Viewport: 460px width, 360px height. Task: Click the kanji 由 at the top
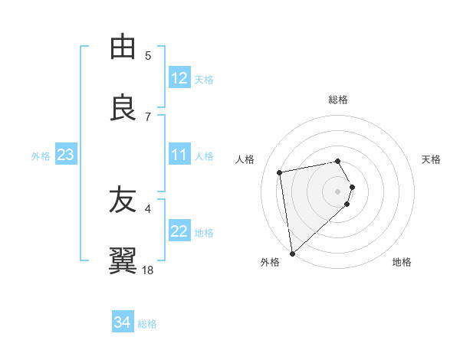[123, 47]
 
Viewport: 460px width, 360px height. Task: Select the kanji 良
[123, 108]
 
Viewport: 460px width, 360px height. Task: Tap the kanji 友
[123, 200]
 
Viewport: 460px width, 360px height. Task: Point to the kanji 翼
[123, 261]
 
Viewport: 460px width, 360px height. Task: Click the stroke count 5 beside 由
[148, 56]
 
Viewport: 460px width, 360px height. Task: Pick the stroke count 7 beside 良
[148, 117]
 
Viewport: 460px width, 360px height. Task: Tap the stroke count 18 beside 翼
[148, 270]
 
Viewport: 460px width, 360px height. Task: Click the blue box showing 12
[179, 78]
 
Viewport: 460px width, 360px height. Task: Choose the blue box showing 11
[179, 155]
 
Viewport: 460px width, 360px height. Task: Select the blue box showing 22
[179, 231]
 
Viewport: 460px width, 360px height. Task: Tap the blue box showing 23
[66, 155]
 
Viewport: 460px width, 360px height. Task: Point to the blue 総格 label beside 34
[147, 324]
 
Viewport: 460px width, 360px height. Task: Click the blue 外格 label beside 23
[41, 155]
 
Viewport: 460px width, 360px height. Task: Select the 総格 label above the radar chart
[338, 100]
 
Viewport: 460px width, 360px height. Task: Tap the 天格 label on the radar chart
[431, 159]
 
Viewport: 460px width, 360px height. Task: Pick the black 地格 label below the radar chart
[402, 262]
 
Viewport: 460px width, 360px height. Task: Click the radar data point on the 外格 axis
[292, 253]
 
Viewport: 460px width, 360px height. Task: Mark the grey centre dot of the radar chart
[338, 190]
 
